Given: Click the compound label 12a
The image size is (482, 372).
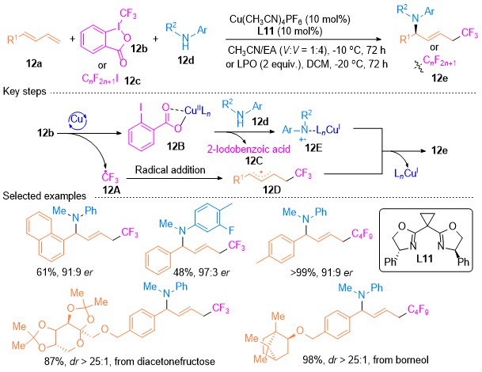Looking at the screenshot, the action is (x=34, y=63).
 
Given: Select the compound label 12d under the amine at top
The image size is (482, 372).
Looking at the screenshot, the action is (x=186, y=60).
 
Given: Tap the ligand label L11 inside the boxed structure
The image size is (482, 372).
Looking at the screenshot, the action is (x=424, y=259).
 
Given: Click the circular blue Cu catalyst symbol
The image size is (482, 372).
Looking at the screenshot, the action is (x=77, y=120).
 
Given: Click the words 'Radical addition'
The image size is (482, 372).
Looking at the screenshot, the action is (x=170, y=169).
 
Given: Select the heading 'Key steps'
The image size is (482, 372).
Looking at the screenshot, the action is (x=25, y=91).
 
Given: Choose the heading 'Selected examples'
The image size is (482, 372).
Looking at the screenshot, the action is (x=44, y=195).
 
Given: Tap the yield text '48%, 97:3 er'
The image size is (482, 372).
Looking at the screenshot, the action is (x=201, y=272).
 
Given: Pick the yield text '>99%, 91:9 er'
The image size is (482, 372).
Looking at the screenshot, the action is (x=321, y=272).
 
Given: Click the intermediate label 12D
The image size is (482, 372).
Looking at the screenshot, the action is (x=272, y=190).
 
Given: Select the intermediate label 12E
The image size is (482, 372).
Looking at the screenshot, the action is (x=313, y=148).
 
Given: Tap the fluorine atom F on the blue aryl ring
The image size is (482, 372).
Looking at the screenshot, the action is (x=231, y=230).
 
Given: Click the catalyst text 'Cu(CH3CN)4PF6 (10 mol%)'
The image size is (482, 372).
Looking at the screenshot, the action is (x=290, y=20).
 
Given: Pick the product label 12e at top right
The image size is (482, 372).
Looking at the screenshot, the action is (x=439, y=78).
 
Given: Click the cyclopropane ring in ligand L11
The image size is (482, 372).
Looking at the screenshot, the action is (x=427, y=219).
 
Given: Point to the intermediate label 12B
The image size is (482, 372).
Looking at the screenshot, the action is (x=176, y=146).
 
